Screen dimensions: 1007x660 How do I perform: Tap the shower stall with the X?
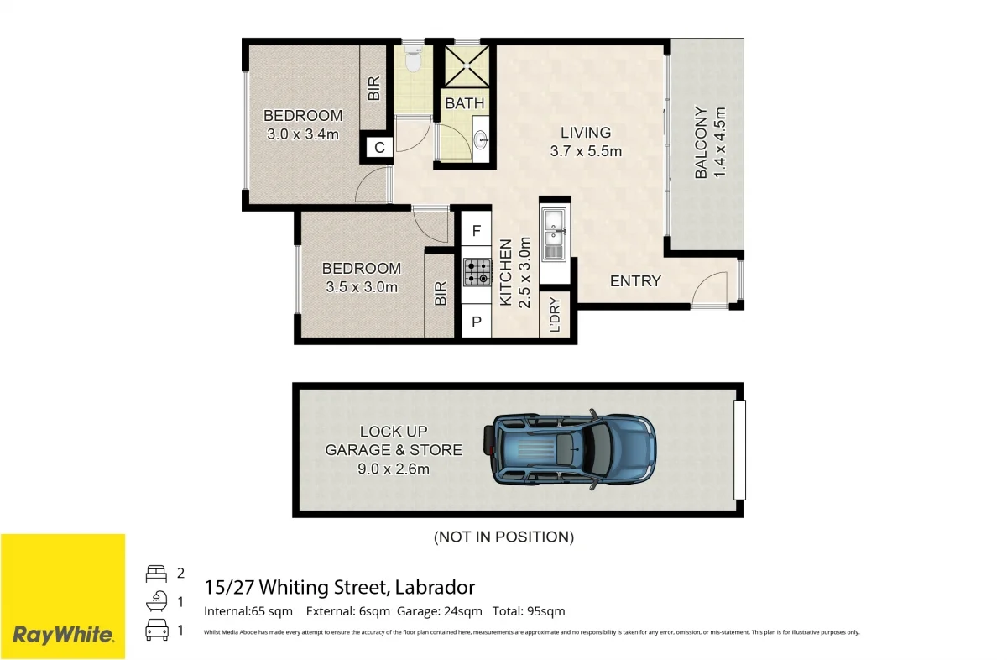click(x=467, y=66)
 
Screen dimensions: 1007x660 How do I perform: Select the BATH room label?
click(x=465, y=103)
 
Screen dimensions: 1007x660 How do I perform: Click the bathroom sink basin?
click(x=481, y=139)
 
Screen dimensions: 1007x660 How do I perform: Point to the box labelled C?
click(x=379, y=147)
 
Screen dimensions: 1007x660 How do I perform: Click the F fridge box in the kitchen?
click(x=476, y=231)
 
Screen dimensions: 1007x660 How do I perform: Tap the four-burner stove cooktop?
click(x=477, y=272)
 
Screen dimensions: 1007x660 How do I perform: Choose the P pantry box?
click(x=476, y=322)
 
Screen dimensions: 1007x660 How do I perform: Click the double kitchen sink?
click(x=554, y=234)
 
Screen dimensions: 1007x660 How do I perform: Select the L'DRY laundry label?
click(x=556, y=315)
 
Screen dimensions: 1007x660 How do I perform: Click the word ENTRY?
click(x=635, y=281)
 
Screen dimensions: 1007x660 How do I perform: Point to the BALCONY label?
click(x=701, y=142)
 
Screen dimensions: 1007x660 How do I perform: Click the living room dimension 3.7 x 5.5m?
click(x=586, y=151)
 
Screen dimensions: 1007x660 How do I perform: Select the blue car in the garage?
click(x=570, y=450)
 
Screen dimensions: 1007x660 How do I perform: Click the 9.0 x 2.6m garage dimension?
click(x=394, y=469)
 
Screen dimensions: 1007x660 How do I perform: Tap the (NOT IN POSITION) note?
click(x=503, y=537)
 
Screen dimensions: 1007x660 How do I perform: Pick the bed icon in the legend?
click(x=156, y=574)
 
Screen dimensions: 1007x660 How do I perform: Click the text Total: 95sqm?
click(x=529, y=611)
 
